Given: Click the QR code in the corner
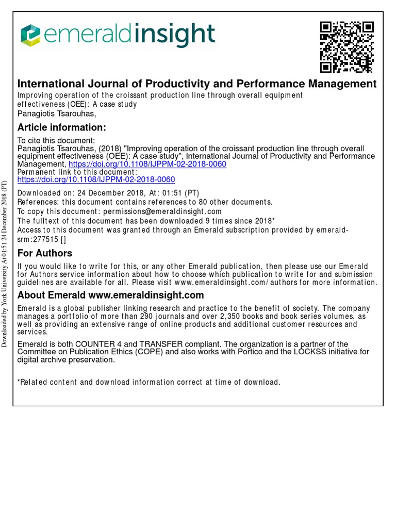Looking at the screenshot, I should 346,46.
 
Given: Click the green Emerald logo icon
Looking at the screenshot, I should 30,35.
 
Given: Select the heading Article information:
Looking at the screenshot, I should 62,127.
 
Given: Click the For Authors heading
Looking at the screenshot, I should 45,253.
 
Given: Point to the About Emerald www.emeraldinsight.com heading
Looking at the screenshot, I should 111,295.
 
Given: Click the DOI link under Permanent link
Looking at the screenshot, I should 96,179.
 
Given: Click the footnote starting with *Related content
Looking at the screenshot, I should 149,382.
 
